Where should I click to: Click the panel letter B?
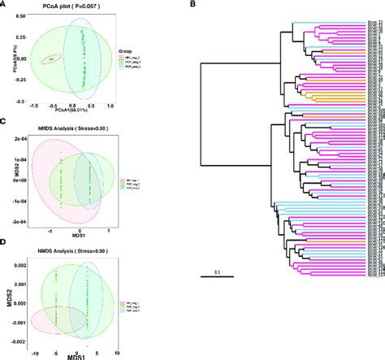(192, 6)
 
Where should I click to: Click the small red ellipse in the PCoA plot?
(53, 59)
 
